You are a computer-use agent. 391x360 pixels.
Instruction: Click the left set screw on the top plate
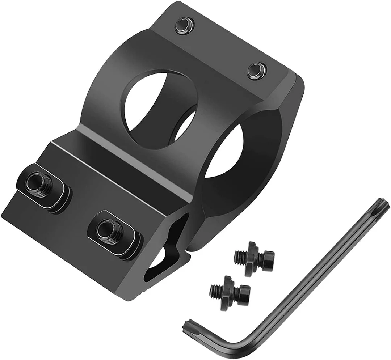click(x=183, y=25)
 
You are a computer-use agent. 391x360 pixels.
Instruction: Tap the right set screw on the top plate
click(x=256, y=69)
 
